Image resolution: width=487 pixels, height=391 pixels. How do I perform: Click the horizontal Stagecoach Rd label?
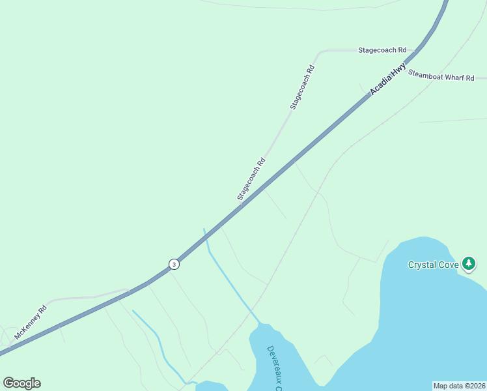(x=382, y=50)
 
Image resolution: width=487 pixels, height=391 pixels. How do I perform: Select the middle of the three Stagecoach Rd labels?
(x=303, y=87)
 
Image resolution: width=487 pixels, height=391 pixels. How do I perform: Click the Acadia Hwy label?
(x=388, y=80)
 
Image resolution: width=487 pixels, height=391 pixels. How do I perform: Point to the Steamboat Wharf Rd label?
(x=441, y=76)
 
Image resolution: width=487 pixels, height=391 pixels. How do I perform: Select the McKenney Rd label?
(x=31, y=323)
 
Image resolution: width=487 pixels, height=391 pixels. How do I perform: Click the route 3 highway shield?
(x=174, y=264)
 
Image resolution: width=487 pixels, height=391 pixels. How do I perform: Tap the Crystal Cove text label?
(x=434, y=265)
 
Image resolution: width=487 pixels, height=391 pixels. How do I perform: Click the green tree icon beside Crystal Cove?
(x=469, y=263)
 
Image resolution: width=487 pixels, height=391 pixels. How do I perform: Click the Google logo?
(x=21, y=383)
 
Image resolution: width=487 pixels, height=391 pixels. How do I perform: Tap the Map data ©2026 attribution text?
(x=459, y=386)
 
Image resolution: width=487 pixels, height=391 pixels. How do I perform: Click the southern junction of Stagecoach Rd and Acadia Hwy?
(x=241, y=206)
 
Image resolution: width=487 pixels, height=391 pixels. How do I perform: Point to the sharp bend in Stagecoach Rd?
(x=320, y=51)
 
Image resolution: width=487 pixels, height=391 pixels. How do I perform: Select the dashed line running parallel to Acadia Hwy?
(x=313, y=195)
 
